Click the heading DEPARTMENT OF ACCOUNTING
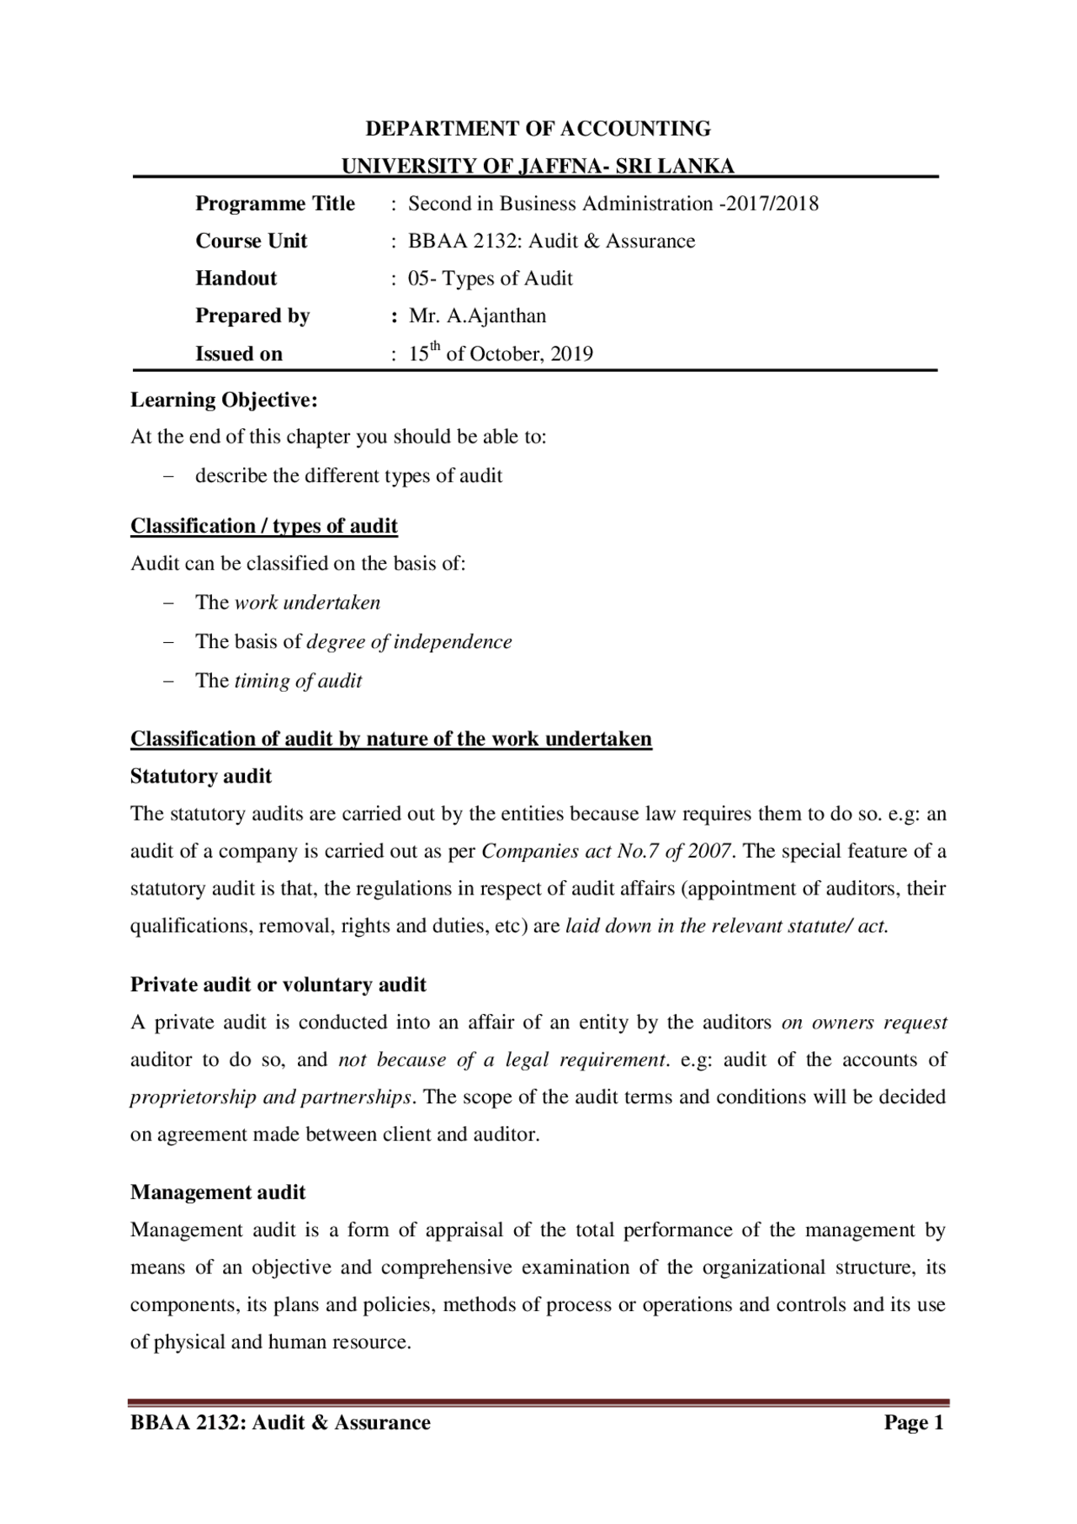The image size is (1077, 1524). point(538,129)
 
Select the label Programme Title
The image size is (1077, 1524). point(275,204)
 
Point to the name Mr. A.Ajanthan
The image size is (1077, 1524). point(477,316)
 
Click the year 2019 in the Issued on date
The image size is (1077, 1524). point(571,354)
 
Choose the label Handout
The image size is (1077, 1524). point(236,279)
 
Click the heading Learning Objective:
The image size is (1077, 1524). point(224,401)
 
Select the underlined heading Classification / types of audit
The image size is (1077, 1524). point(263,526)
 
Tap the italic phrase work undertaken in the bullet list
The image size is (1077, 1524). point(307,603)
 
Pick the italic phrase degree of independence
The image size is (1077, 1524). point(409,642)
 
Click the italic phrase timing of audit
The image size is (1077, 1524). point(298,681)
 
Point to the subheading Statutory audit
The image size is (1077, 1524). point(201,776)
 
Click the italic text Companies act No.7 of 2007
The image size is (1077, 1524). point(606,852)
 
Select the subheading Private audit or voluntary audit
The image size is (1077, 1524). point(278,985)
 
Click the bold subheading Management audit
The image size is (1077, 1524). point(218,1192)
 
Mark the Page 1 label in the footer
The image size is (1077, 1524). point(914,1423)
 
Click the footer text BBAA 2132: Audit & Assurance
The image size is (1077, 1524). point(280,1423)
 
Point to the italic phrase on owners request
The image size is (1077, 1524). point(864,1023)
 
